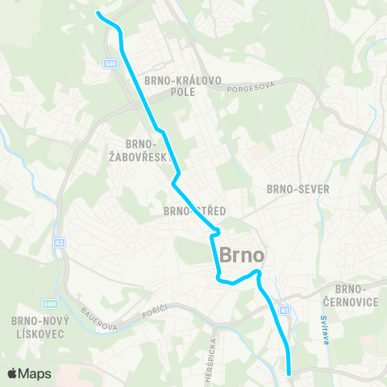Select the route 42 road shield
pyautogui.click(x=60, y=241)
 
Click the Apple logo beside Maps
pyautogui.click(x=13, y=373)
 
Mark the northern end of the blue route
pyautogui.click(x=98, y=13)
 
